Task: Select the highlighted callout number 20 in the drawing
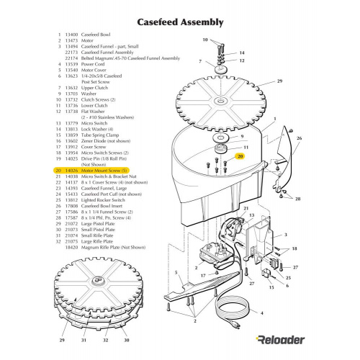coord(240,156)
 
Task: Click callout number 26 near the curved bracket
coord(299,137)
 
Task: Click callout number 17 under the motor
coord(204,275)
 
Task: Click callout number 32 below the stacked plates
coord(107,338)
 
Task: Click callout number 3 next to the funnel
coord(286,235)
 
